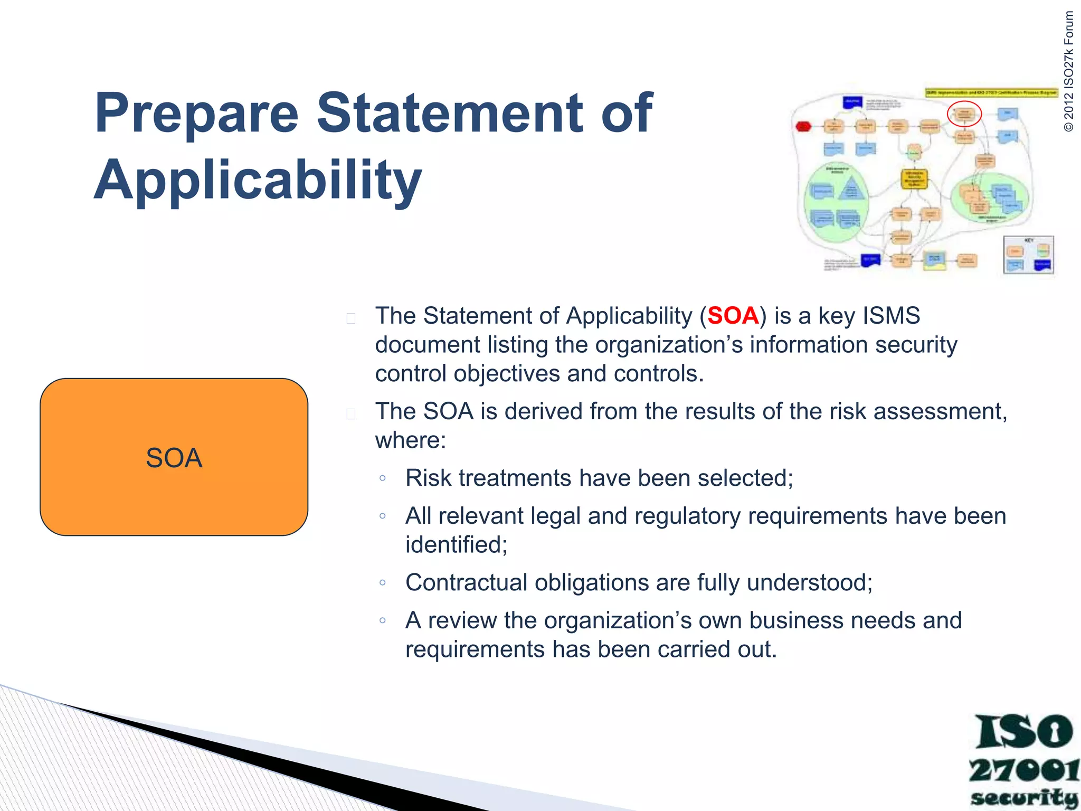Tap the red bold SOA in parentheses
[733, 316]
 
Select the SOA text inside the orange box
[174, 458]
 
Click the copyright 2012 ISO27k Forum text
[1068, 71]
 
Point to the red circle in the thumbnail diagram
[964, 114]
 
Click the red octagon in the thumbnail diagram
[803, 126]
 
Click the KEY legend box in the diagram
[1028, 255]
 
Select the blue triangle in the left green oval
[851, 189]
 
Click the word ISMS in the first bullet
[891, 316]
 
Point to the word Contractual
[466, 583]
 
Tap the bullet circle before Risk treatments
[383, 478]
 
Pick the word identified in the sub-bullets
[456, 545]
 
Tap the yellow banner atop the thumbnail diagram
[991, 92]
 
